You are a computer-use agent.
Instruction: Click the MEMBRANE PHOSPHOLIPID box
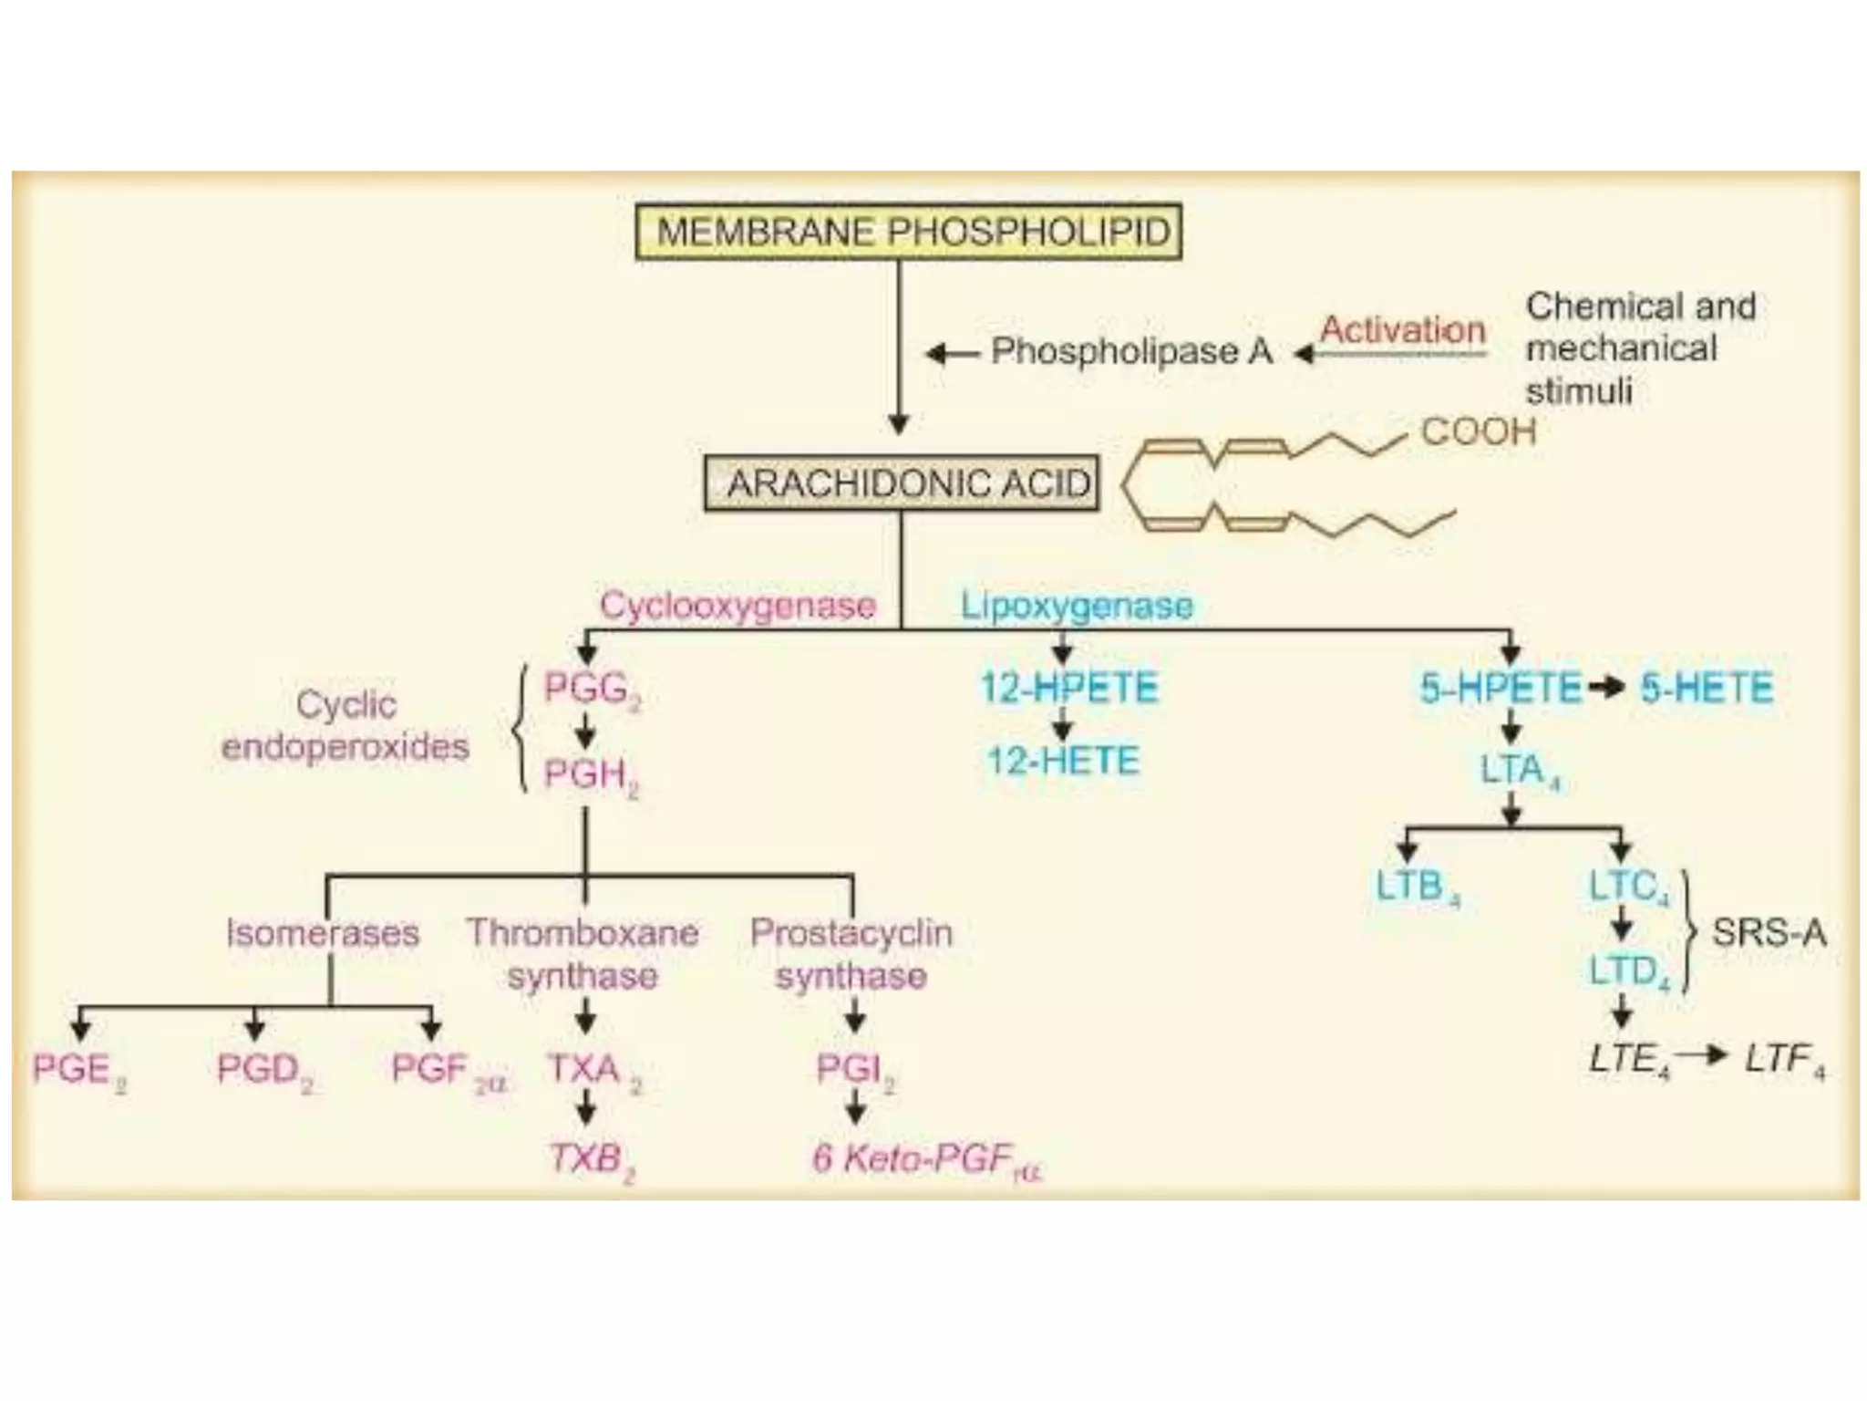(909, 232)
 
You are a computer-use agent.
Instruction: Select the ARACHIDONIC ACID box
(902, 483)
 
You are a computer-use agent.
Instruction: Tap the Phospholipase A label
(1131, 351)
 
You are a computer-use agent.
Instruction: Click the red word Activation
(1403, 329)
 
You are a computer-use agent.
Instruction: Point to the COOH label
(1479, 431)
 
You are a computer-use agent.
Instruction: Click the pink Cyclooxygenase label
(738, 606)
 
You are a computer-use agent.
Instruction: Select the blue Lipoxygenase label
(1077, 606)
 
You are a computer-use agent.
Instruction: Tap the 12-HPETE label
(1069, 688)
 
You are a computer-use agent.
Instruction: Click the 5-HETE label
(1707, 688)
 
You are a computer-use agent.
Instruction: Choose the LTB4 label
(1418, 887)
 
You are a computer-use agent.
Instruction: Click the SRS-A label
(1769, 932)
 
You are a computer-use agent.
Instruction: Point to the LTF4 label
(1785, 1061)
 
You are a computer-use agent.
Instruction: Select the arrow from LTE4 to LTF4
(1701, 1056)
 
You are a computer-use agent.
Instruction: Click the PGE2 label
(79, 1071)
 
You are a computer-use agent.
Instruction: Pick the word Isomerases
(323, 933)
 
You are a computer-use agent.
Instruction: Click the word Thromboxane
(583, 933)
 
